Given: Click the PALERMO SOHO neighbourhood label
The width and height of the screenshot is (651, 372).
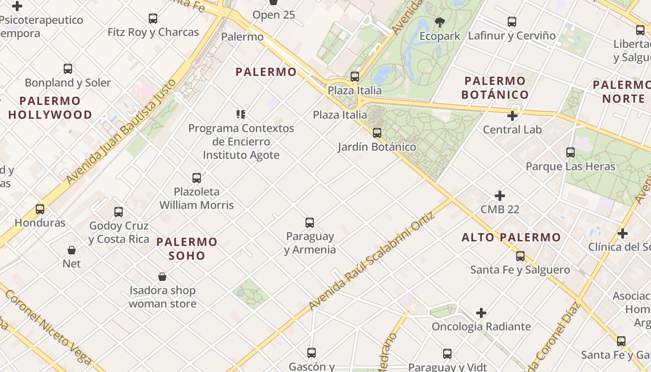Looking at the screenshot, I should point(187,248).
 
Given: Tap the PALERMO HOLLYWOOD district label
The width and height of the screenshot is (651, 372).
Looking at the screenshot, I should point(50,107).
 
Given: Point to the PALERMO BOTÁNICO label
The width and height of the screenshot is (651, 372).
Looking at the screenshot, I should point(495,87).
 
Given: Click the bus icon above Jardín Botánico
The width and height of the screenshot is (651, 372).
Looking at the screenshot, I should point(377,133).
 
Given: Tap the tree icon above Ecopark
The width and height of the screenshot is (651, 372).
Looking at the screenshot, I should point(439,22).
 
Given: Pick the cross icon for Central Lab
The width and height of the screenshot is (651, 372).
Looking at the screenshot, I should point(512,116).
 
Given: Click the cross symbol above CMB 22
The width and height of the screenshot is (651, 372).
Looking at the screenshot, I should point(500,196).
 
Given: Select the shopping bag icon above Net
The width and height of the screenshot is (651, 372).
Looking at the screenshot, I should point(72,250).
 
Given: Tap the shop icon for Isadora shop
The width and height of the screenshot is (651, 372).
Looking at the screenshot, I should point(162,277).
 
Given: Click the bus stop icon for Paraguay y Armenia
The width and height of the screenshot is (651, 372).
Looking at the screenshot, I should point(310,223).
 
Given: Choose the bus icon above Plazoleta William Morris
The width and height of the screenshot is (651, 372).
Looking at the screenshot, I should point(197,178).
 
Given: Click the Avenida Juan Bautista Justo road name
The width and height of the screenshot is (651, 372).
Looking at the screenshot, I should point(121,132).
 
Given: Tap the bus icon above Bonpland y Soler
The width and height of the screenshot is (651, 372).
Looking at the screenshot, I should point(68,69).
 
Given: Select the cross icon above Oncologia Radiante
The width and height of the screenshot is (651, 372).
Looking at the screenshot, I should point(481,313).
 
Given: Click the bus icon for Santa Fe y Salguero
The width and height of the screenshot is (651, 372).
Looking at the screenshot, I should point(520,256).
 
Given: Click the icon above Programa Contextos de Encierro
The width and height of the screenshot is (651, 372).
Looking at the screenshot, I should point(241,114).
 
